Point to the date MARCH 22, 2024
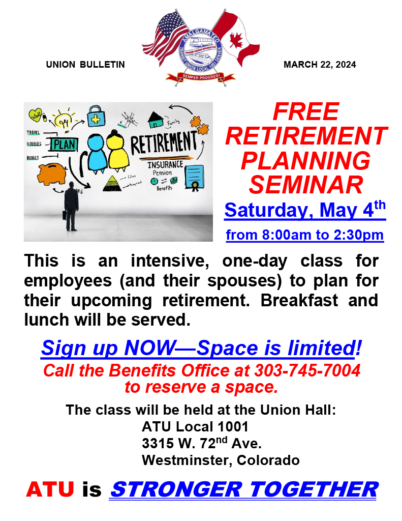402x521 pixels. click(320, 65)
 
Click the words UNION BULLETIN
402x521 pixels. click(85, 65)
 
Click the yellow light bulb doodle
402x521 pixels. click(64, 120)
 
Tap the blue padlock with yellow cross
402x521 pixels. click(95, 117)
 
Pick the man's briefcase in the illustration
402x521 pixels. click(65, 214)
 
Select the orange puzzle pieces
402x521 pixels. click(198, 125)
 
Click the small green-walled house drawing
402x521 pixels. click(156, 121)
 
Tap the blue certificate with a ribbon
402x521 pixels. click(194, 178)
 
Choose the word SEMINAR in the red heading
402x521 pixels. click(306, 185)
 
